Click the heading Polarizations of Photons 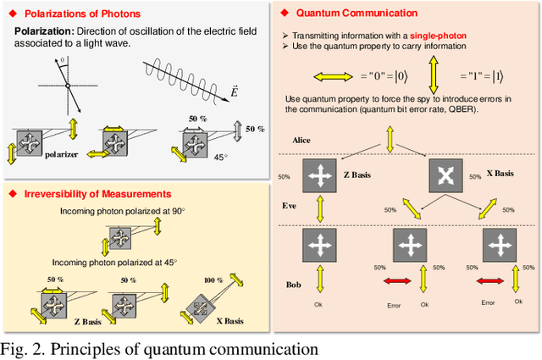tap(82, 14)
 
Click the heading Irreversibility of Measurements tap(91, 194)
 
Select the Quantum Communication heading tap(360, 14)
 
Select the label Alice tap(302, 139)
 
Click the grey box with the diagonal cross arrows tap(448, 176)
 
